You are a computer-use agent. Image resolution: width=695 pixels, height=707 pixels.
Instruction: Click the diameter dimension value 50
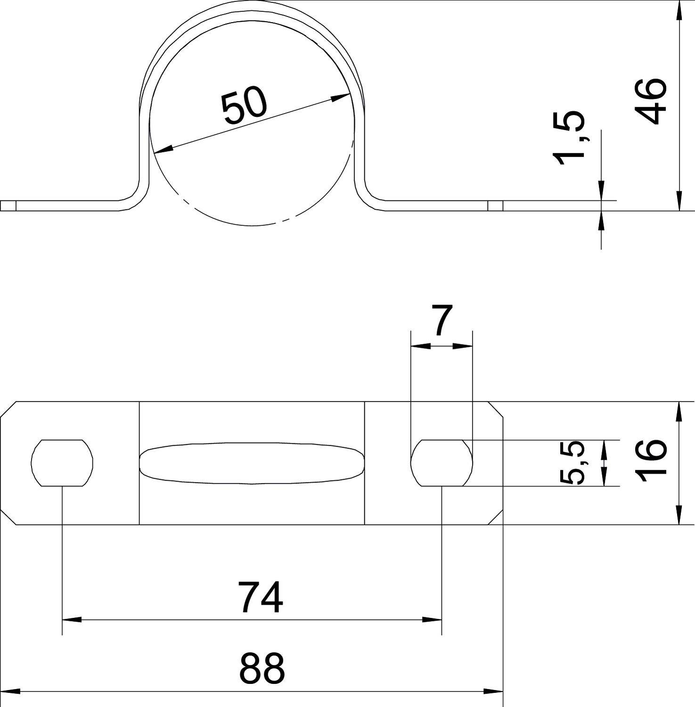point(245,107)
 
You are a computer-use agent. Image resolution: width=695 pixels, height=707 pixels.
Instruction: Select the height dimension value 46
point(651,101)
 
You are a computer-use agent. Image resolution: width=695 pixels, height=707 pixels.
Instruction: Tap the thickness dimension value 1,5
point(570,139)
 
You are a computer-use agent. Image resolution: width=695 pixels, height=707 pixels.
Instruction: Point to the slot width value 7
point(442,321)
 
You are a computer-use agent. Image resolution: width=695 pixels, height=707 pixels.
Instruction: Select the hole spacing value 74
point(261,598)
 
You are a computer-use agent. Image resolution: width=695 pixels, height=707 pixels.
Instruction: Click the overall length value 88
point(262,668)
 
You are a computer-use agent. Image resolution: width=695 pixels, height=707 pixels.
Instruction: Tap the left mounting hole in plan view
point(62,463)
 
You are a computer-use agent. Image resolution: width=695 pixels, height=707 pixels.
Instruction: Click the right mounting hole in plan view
point(442,463)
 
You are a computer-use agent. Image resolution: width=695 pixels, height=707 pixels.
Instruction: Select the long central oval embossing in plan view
point(252,463)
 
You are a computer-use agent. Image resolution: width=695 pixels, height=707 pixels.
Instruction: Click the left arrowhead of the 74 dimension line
point(71,619)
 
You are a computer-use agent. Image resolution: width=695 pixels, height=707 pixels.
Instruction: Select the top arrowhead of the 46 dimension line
point(679,9)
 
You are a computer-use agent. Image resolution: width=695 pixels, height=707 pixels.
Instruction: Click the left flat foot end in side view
point(8,206)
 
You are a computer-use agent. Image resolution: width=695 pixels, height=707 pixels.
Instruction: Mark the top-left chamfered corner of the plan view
point(8,410)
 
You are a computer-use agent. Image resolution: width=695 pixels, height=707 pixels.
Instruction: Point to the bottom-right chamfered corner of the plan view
point(496,517)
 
